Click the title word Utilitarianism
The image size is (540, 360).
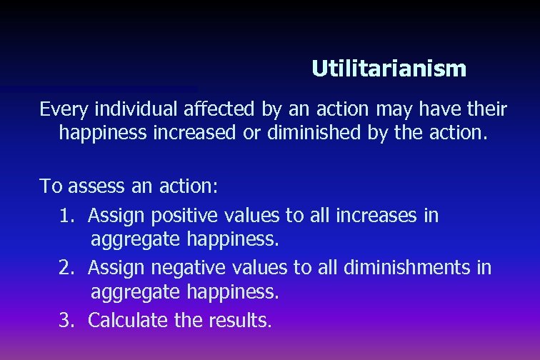pos(389,69)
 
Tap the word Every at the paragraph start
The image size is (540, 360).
pos(59,109)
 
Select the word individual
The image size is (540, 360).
pos(119,109)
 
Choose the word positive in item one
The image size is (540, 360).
pos(186,216)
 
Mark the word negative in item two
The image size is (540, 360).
pos(189,269)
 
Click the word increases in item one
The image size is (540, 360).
pos(383,215)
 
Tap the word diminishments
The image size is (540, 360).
pos(408,268)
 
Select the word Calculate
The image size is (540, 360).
pos(127,321)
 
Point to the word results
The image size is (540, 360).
pos(240,321)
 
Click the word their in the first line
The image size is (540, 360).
pos(486,109)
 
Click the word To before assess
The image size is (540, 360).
pos(51,187)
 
